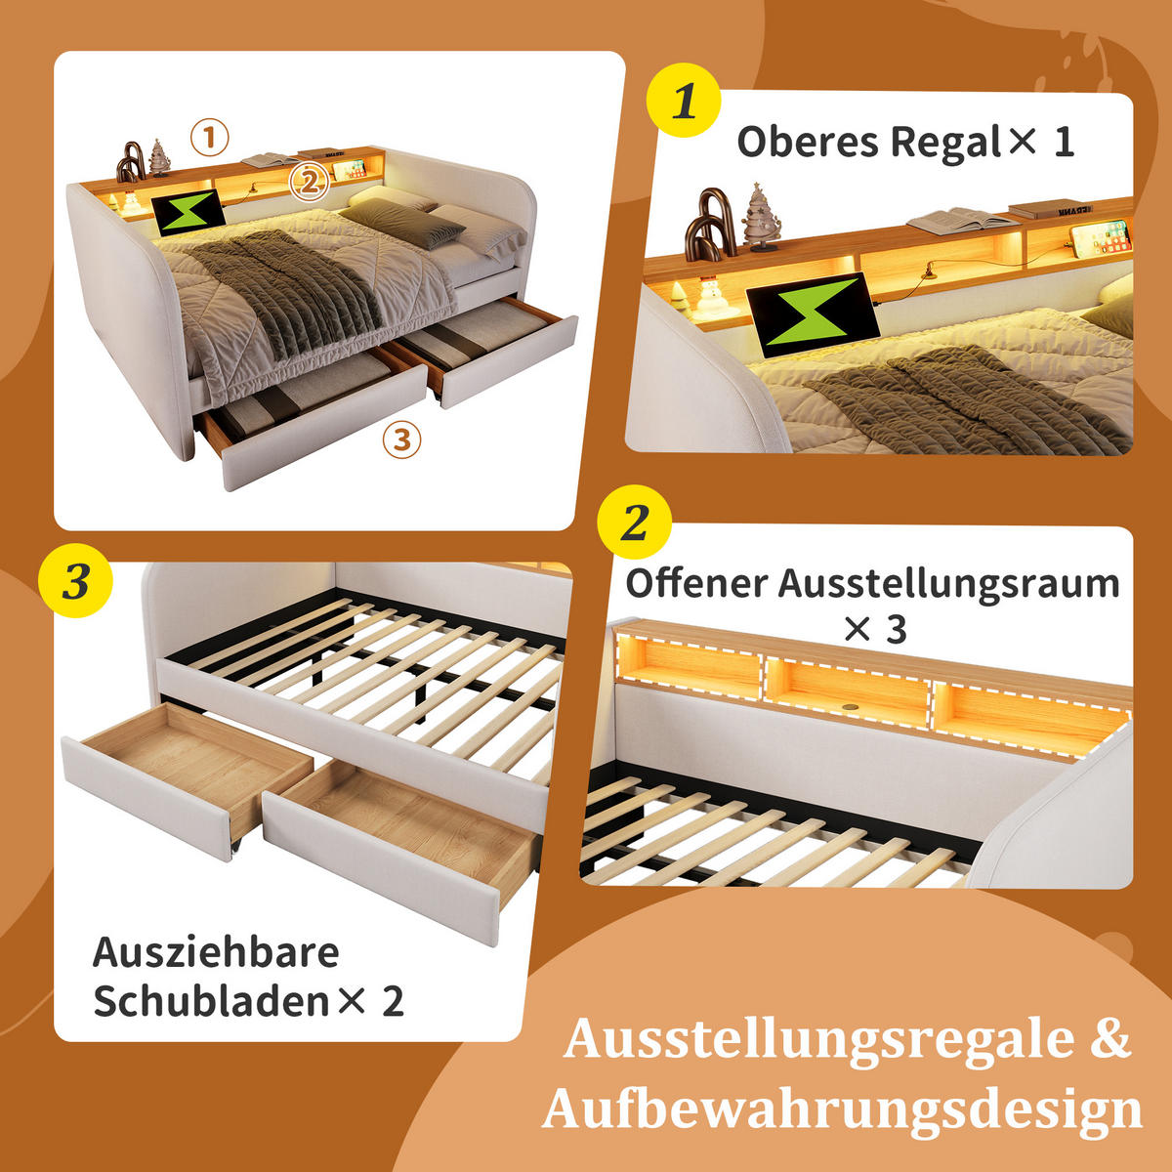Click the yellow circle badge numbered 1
(x=684, y=101)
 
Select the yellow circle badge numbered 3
(x=76, y=583)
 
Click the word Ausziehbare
(x=216, y=952)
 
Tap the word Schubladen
(x=210, y=1002)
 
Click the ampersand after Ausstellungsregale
(x=1109, y=1038)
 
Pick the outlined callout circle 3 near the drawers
(x=401, y=439)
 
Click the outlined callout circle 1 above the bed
(x=209, y=138)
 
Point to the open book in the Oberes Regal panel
(x=961, y=219)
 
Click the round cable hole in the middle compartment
(x=847, y=706)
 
